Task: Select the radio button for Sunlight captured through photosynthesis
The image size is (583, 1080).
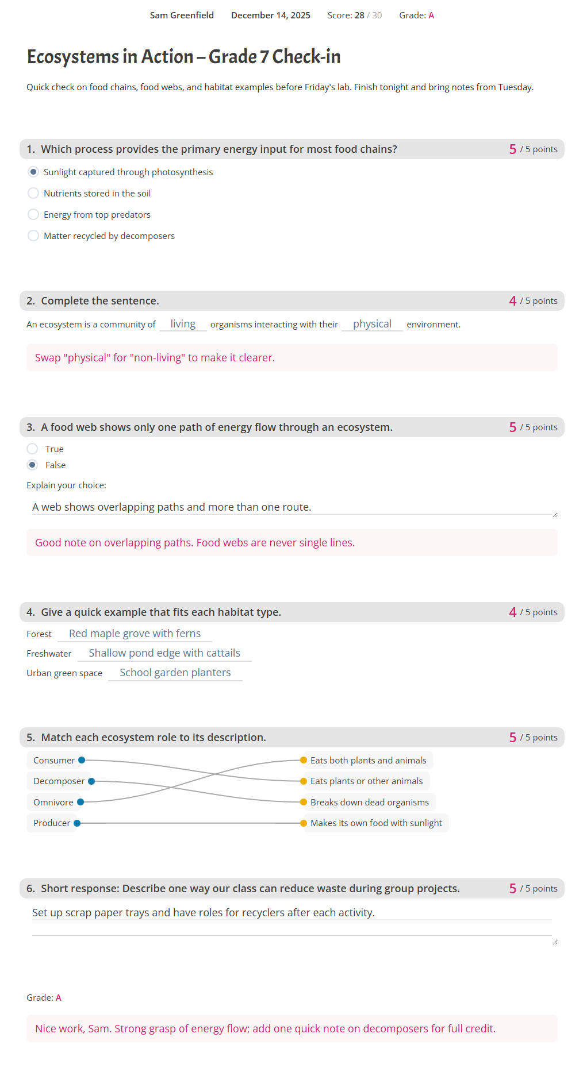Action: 33,172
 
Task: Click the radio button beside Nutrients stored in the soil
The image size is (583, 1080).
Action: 33,193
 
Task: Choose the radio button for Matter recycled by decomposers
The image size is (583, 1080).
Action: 33,236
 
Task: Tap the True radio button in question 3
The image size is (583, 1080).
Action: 32,449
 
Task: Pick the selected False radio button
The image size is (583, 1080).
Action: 32,465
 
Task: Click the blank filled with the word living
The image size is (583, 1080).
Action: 183,324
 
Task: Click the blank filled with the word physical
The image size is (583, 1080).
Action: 372,324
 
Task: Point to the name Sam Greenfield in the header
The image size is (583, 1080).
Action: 182,16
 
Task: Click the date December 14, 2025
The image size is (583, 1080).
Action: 270,16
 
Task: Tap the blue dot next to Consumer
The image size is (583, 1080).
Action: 82,760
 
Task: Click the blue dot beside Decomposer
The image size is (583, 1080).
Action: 91,781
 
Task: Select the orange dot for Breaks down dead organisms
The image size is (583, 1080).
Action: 304,802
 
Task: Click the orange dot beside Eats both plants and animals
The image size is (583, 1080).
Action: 304,760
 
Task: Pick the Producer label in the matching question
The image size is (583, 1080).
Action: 52,823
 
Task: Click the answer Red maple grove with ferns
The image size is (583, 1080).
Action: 135,633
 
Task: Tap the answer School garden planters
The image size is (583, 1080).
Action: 175,672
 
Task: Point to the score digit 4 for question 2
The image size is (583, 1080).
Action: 512,301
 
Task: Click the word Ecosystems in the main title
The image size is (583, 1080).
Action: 73,57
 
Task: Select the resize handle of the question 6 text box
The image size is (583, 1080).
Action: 555,942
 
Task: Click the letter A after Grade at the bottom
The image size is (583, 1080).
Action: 59,998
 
